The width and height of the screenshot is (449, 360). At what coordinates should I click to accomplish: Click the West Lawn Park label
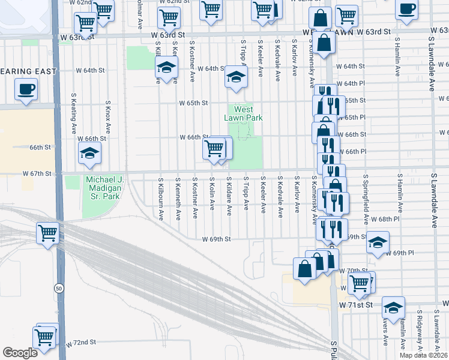pos(244,113)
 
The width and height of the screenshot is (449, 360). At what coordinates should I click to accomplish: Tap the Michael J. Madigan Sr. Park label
pos(104,188)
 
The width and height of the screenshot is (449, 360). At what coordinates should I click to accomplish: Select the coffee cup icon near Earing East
pos(26,90)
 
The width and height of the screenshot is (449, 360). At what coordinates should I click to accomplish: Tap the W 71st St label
pos(357,305)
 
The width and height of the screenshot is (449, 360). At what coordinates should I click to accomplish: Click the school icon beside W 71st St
pos(393,308)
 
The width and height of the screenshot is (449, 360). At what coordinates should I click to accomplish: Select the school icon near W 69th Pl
pos(378,242)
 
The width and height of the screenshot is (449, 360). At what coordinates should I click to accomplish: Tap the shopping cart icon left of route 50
pos(47,232)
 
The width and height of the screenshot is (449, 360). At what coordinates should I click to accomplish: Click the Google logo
pos(20,353)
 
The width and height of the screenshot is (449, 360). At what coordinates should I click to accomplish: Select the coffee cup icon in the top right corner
pos(407,9)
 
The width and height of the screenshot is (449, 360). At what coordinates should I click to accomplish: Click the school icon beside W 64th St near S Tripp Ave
pos(236,77)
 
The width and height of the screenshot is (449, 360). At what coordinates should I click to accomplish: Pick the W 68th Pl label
pos(385,220)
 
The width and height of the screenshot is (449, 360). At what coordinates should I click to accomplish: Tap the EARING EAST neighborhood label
pos(28,71)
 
